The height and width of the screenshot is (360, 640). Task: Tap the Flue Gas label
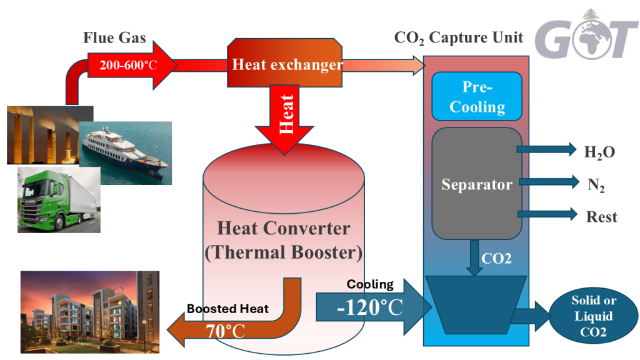(114, 38)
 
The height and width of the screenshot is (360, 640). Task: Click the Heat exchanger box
(287, 64)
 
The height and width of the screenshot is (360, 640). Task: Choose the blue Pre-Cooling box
(477, 97)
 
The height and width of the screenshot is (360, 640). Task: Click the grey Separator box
(476, 184)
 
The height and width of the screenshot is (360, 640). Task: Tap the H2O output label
(599, 151)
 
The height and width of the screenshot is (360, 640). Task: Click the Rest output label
(601, 217)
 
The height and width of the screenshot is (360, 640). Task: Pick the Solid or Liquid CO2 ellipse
(593, 317)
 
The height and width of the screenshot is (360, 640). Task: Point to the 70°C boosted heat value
(226, 331)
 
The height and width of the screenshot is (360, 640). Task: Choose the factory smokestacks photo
(44, 134)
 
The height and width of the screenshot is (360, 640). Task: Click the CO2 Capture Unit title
(459, 38)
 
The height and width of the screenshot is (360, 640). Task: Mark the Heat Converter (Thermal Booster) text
(283, 240)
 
